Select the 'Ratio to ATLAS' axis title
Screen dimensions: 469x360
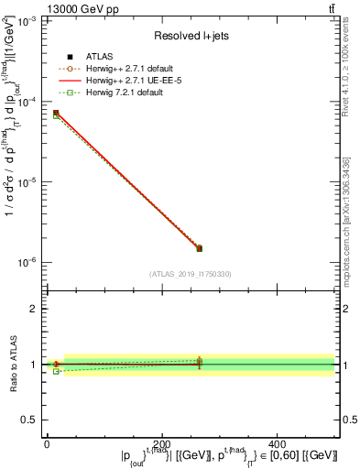tap(14, 365)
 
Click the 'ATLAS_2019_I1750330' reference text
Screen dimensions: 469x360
tap(191, 274)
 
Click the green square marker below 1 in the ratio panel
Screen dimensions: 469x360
tap(56, 371)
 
